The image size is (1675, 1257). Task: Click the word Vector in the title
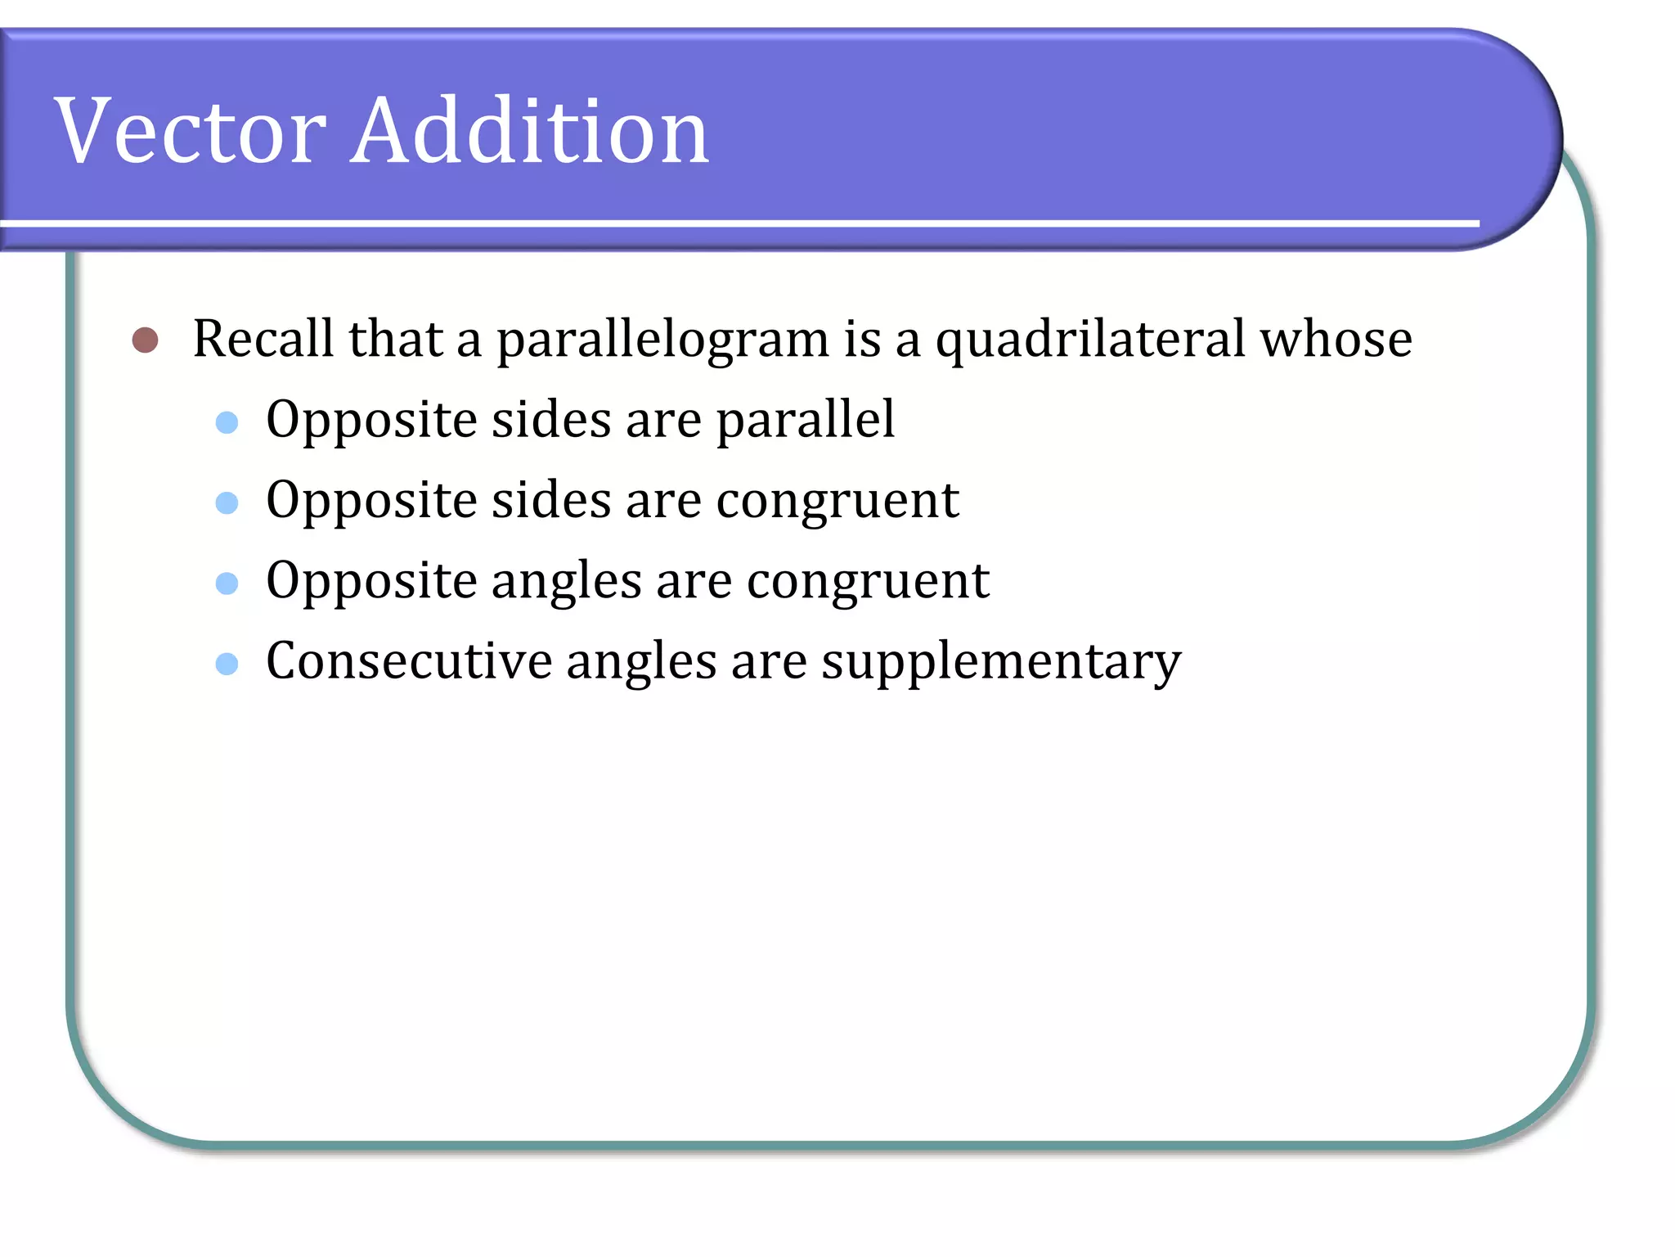[191, 131]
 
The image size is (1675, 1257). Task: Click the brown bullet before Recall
[145, 340]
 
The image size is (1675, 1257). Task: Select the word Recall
[263, 338]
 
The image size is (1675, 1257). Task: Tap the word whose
[1336, 338]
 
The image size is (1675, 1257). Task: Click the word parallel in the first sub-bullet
[806, 420]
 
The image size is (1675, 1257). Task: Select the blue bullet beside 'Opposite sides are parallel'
[227, 422]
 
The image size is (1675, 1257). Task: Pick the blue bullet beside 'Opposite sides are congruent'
[227, 502]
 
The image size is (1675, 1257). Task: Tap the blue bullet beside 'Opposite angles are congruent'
[227, 583]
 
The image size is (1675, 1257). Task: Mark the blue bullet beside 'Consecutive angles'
[227, 663]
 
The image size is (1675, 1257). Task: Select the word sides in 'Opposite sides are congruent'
[551, 500]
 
